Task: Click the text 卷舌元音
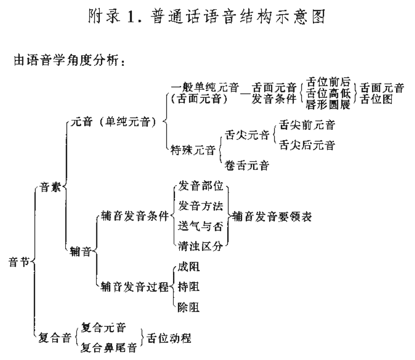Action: [247, 165]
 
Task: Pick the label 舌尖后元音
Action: [307, 145]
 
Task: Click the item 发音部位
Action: [201, 187]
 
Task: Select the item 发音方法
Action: [201, 206]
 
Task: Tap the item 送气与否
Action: [201, 227]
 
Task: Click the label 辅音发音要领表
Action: [272, 217]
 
